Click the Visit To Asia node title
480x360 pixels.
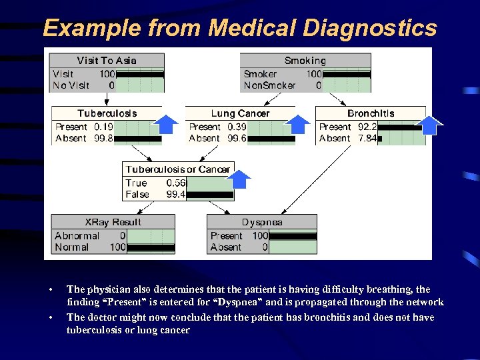[x=107, y=61]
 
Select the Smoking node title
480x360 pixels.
[x=305, y=61]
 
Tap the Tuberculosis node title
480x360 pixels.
[x=107, y=113]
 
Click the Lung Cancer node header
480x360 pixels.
[x=240, y=113]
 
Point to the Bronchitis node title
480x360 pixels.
[x=370, y=113]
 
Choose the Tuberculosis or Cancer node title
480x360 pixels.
[x=177, y=169]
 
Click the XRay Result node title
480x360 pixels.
[x=113, y=222]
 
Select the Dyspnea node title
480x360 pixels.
[x=262, y=222]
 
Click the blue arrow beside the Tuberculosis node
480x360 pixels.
[x=166, y=124]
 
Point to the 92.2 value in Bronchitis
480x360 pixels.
[x=367, y=127]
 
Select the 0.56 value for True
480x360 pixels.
[x=176, y=183]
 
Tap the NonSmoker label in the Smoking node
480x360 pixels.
[x=269, y=85]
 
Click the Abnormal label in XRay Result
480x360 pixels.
[x=77, y=235]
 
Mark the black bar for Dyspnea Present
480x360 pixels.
[x=293, y=236]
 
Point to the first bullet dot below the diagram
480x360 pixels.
[x=50, y=289]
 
